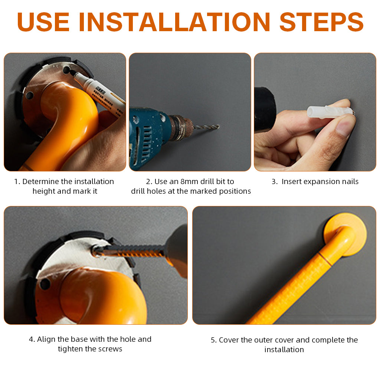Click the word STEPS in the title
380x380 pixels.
(x=321, y=22)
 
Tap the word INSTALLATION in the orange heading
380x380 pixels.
(x=174, y=22)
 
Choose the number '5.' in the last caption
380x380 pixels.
(x=214, y=340)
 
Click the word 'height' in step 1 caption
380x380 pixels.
(x=44, y=191)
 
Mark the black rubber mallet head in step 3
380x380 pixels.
(x=265, y=109)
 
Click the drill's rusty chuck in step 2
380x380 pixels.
(x=181, y=128)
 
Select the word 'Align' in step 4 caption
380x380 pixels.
(x=46, y=340)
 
